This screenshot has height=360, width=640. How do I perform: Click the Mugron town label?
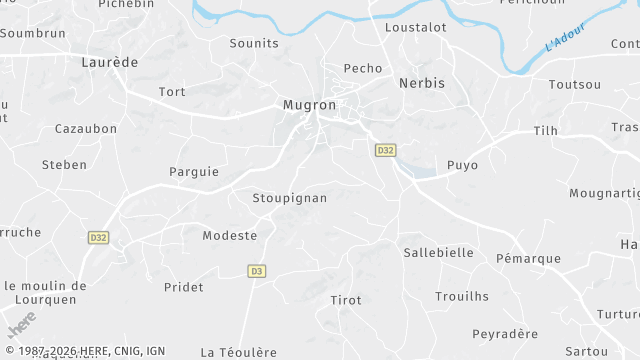pos(309,104)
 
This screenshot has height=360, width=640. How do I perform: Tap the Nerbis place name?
pos(421,84)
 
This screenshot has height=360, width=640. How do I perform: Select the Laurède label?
pos(109,62)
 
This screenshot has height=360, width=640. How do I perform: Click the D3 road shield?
pos(257,271)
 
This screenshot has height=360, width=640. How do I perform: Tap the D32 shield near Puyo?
pos(386,150)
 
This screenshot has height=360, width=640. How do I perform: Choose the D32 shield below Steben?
pos(98,238)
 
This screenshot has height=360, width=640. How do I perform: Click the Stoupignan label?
pos(290,198)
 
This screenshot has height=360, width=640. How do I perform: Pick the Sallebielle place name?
pos(438,253)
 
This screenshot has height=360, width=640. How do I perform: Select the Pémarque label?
pos(529,259)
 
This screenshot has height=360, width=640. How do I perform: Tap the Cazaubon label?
pos(86,129)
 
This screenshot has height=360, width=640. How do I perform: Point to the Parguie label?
pos(194,172)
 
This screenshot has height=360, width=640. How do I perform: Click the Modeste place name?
pos(230,236)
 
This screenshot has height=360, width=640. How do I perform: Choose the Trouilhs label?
pos(462,296)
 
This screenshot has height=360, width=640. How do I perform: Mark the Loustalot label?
pos(416,28)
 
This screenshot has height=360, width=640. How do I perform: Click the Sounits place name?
pos(254,44)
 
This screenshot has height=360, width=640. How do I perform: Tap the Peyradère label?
pos(505,334)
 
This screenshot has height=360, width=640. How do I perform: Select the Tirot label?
pos(346,300)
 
